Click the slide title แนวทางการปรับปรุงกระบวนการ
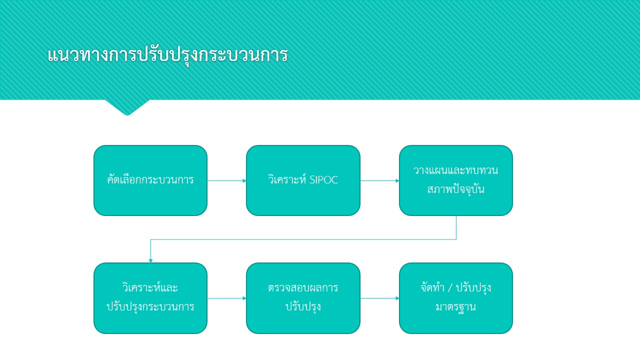167,55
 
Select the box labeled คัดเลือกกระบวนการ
150,180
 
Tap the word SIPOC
323,180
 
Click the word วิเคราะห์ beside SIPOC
287,179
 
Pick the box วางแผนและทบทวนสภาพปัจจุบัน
456,180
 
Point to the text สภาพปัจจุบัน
456,189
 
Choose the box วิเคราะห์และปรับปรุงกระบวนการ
150,298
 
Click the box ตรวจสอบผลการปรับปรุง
303,298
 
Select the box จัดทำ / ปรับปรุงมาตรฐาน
456,298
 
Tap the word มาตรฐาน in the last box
455,307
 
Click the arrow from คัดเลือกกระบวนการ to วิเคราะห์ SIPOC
227,180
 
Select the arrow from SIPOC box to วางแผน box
379,180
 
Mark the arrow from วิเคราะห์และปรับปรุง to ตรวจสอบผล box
227,298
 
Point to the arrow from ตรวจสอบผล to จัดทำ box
379,298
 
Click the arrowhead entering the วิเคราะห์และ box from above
150,260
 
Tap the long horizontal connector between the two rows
303,239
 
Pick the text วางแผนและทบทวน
455,170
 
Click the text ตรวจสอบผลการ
303,288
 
